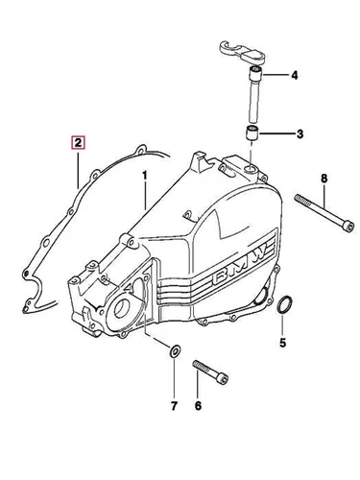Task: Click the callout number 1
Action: click(145, 176)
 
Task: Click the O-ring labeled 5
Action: click(283, 305)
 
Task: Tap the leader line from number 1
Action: click(145, 197)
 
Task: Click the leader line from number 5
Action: click(282, 324)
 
